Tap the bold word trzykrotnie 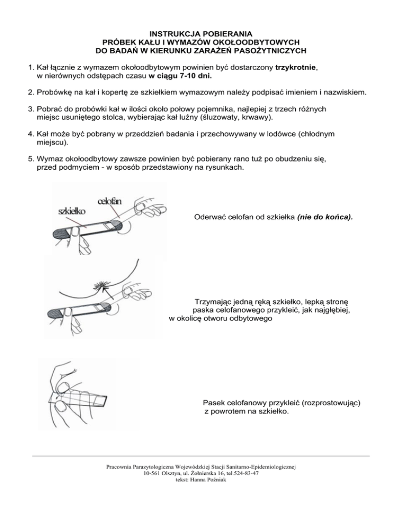point(296,67)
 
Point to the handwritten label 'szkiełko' point(72,211)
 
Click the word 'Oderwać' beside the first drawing point(211,217)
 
